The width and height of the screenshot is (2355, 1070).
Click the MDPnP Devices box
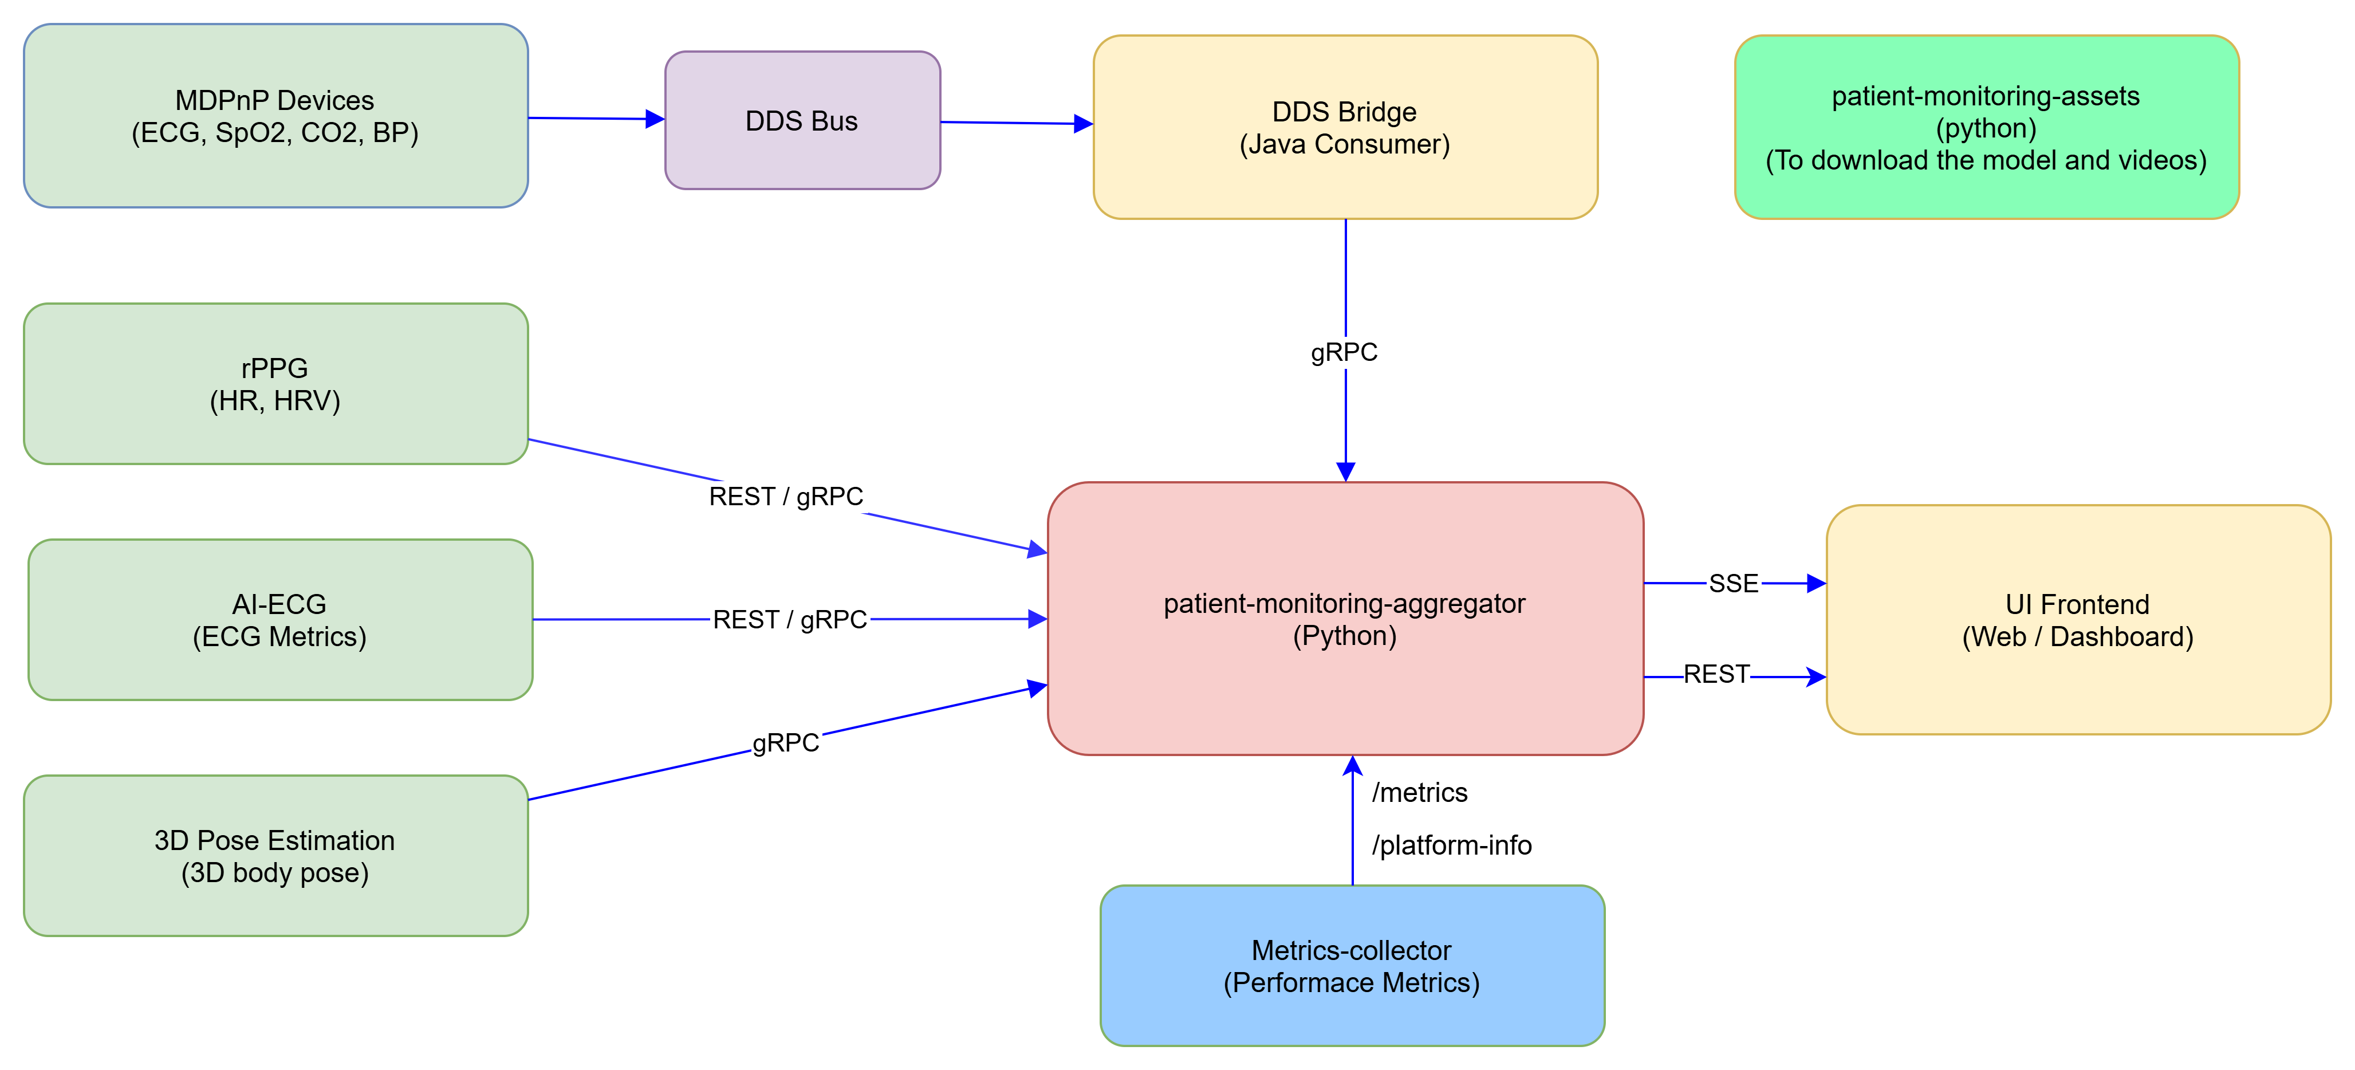[x=275, y=116]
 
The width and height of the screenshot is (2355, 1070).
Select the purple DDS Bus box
[x=802, y=121]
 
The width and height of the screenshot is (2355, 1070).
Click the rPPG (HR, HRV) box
[x=275, y=384]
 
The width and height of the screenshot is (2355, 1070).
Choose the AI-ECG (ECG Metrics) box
[x=279, y=620]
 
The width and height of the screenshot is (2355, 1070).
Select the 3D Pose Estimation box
[x=275, y=856]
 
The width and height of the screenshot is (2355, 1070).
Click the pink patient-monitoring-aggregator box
[x=1345, y=619]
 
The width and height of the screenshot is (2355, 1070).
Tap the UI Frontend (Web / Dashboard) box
[x=2077, y=620]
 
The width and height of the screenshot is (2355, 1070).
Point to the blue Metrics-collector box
[x=1351, y=966]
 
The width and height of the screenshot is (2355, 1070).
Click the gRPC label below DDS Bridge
[x=1345, y=352]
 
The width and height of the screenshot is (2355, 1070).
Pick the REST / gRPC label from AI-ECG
[x=790, y=620]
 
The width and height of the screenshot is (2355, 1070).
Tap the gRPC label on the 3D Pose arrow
[x=785, y=742]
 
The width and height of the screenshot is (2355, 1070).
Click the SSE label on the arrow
[x=1734, y=584]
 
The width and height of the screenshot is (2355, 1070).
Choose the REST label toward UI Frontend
[x=1716, y=675]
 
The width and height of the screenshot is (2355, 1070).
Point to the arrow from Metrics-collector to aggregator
[x=1352, y=823]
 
